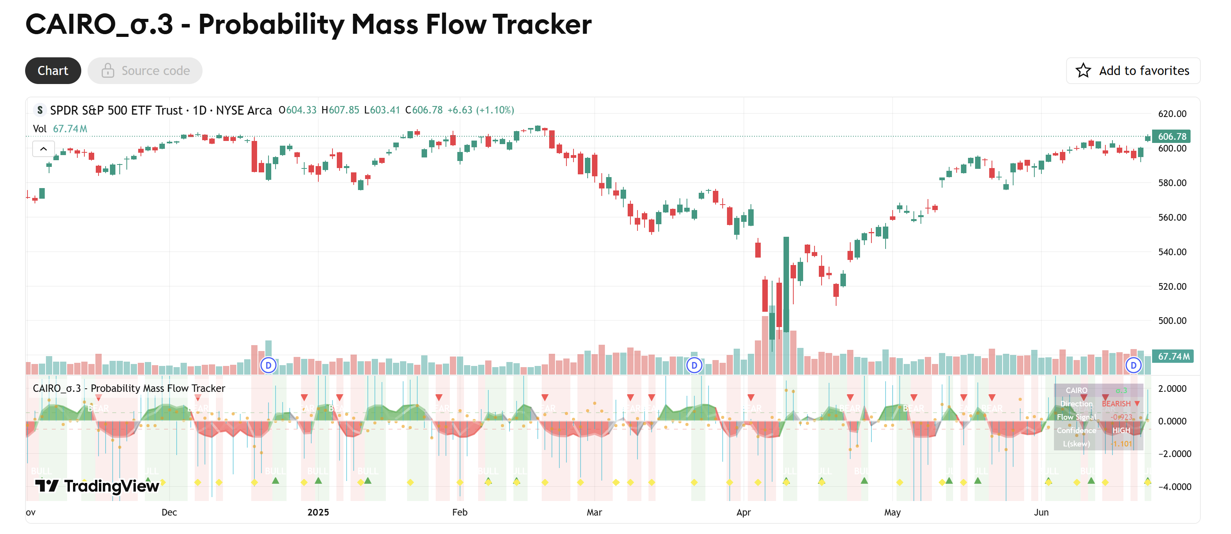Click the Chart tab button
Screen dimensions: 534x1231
53,71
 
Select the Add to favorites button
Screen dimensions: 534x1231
1132,71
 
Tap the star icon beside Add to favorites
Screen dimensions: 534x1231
1083,71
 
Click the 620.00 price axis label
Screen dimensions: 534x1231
1172,114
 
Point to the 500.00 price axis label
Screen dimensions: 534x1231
1172,321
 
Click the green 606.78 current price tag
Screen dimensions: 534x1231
1171,137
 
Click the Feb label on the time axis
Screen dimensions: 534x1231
459,512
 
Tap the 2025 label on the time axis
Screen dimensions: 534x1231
318,512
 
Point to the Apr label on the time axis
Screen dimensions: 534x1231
743,512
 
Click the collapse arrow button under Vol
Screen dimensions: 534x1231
44,149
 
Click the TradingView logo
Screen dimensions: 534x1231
97,486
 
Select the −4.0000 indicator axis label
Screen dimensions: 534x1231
1172,486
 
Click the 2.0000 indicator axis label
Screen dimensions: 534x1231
1172,389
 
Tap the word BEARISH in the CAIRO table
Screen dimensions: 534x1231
1116,404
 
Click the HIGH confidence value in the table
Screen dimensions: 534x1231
1121,431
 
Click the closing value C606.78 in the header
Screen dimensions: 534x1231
424,110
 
